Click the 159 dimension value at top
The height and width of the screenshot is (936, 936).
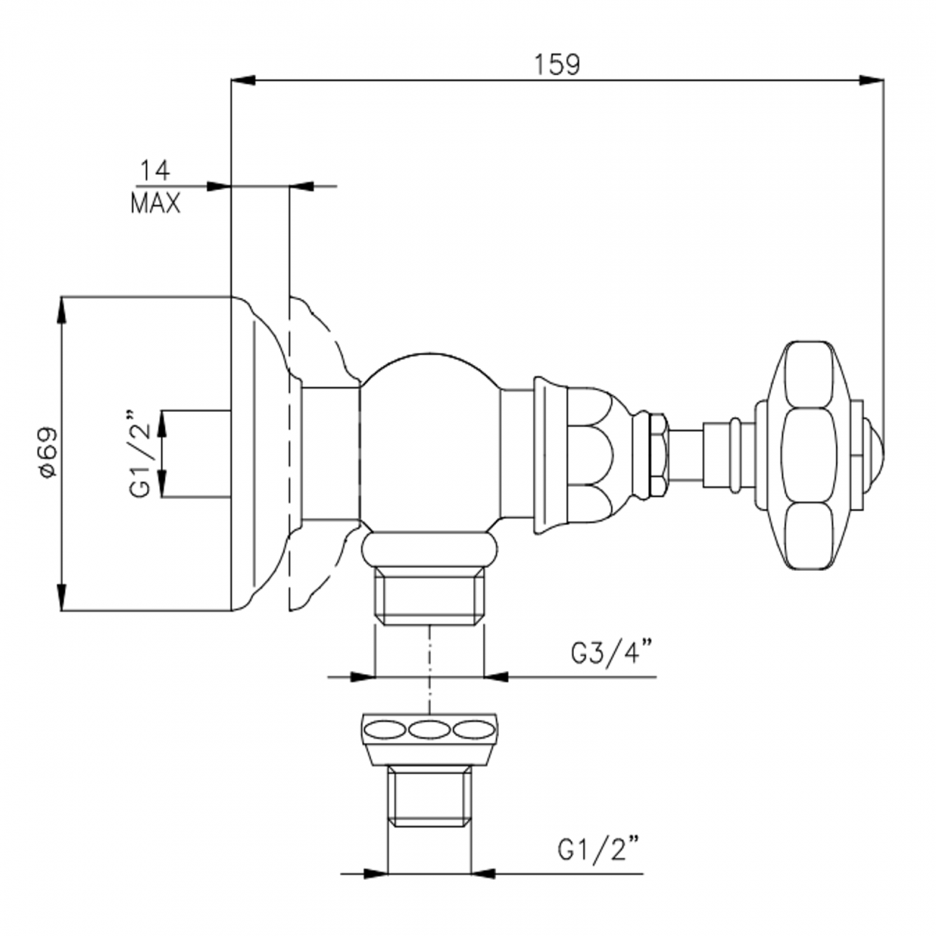pyautogui.click(x=557, y=65)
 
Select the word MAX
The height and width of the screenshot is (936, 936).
pyautogui.click(x=155, y=204)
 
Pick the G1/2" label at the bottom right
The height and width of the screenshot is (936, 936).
pyautogui.click(x=598, y=850)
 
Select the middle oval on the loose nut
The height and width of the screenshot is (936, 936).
pyautogui.click(x=429, y=730)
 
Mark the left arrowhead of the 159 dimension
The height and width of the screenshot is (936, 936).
pyautogui.click(x=242, y=81)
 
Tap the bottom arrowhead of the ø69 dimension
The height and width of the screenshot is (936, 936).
pyautogui.click(x=61, y=598)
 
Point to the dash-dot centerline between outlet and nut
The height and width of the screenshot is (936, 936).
pyautogui.click(x=429, y=670)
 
